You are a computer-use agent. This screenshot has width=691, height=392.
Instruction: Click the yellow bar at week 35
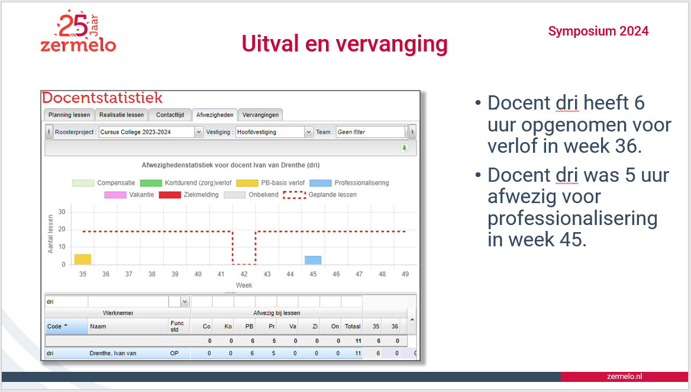[83, 259]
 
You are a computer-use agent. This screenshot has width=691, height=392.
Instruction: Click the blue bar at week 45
[313, 260]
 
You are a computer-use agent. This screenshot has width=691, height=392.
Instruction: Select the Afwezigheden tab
[215, 115]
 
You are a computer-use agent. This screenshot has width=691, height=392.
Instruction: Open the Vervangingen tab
[260, 115]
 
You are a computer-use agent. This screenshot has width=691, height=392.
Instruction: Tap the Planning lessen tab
[69, 115]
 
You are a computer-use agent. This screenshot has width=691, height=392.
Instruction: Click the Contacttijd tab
[170, 115]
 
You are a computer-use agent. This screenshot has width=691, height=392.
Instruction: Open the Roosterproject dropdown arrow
[199, 132]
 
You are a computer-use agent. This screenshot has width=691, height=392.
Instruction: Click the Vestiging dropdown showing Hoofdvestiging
[274, 132]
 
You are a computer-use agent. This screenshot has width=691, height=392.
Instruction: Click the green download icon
[404, 148]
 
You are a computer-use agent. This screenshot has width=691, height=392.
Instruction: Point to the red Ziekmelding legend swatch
[170, 194]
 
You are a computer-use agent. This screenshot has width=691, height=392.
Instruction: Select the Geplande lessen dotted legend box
[294, 195]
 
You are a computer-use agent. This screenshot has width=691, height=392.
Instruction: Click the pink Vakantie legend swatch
[115, 194]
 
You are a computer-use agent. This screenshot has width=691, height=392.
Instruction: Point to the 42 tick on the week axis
[244, 274]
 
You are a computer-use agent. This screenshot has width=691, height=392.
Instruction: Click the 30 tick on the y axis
[62, 211]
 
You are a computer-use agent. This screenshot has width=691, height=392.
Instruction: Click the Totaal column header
[353, 326]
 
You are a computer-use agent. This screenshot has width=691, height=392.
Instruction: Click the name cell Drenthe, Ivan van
[113, 353]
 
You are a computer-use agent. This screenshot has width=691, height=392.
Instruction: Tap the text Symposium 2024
[598, 31]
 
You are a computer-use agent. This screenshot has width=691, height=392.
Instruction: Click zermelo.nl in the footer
[625, 376]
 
